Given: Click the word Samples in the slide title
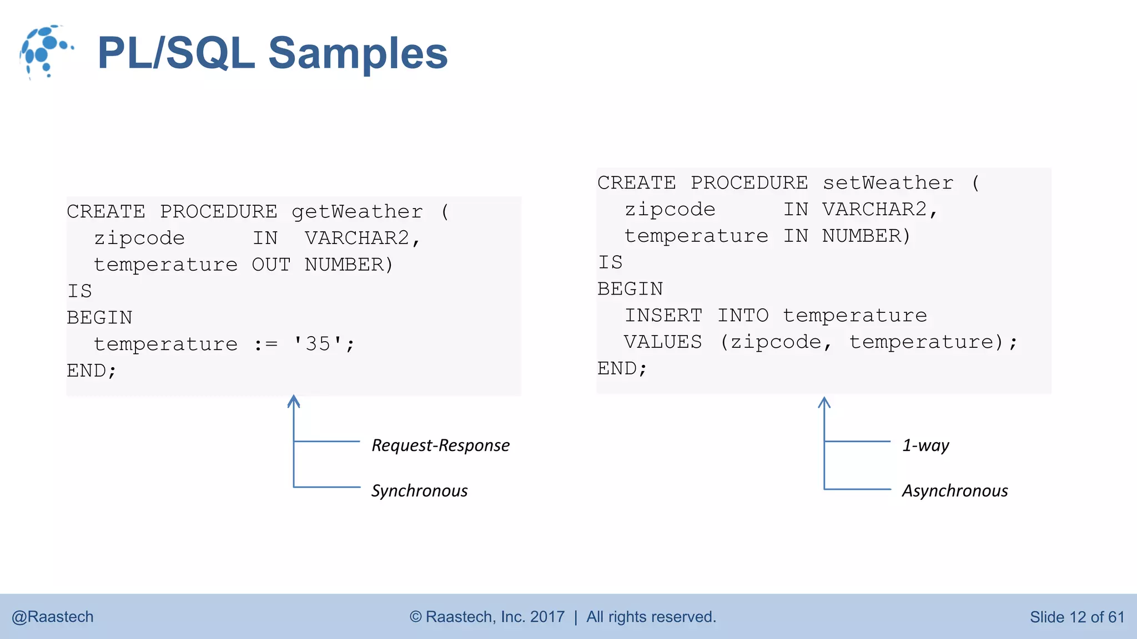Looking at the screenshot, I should [x=358, y=53].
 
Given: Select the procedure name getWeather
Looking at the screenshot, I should [x=357, y=212].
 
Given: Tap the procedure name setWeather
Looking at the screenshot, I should [x=888, y=183].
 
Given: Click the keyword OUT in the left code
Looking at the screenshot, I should [x=271, y=265].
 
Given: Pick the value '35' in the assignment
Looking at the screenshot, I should [x=318, y=344].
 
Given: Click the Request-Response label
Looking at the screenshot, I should [x=440, y=445].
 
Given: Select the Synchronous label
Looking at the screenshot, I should [x=419, y=491].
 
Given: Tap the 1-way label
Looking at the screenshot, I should [x=925, y=445].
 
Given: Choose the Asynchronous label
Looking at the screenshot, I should [x=954, y=491].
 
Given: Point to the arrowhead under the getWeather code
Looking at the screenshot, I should [x=294, y=401].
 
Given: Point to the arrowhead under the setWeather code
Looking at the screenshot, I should [x=824, y=402].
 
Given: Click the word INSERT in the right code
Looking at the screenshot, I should [x=663, y=316].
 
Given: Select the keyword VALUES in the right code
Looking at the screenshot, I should [x=663, y=342].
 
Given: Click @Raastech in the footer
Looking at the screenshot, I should [x=53, y=617].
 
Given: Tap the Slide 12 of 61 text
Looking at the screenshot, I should [x=1076, y=617].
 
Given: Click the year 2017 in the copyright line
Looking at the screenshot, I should [x=547, y=617].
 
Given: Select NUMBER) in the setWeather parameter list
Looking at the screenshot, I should [x=866, y=236].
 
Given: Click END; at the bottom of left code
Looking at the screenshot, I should [x=92, y=371].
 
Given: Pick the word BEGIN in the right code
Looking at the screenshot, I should [x=630, y=289].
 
